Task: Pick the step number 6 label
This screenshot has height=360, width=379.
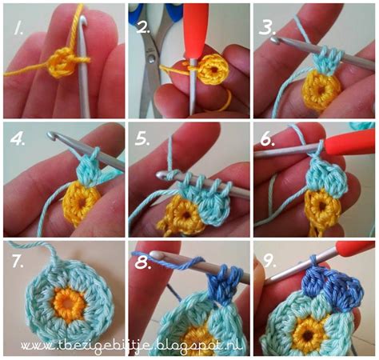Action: [x=266, y=139]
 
